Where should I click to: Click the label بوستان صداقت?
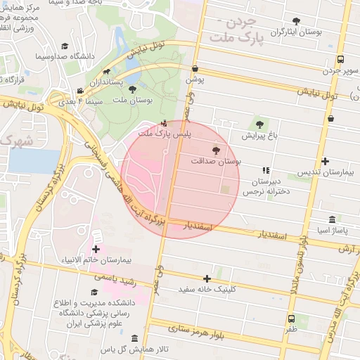tap(216, 161)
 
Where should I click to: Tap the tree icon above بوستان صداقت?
tap(215, 150)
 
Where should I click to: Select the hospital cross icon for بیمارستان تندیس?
tap(324, 161)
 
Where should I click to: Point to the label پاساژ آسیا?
tap(331, 230)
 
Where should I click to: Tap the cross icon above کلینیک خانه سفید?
tap(207, 278)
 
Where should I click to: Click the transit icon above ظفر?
tap(291, 319)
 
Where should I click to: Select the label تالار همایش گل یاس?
tap(137, 349)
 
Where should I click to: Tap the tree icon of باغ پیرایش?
tap(259, 124)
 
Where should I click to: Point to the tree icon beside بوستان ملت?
tap(132, 89)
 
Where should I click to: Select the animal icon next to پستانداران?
tap(105, 71)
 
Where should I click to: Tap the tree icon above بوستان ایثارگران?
tap(294, 21)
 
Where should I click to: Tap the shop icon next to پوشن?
tap(195, 68)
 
